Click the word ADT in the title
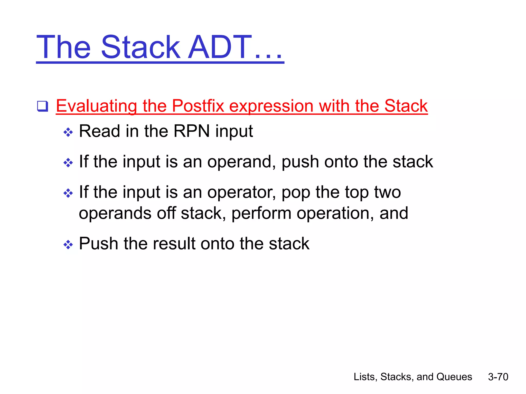[x=220, y=47]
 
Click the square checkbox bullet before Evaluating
[x=43, y=106]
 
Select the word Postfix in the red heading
[x=198, y=106]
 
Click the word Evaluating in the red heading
[x=96, y=106]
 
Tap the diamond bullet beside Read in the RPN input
[x=68, y=133]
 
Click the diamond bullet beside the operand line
[x=68, y=163]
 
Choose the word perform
[x=261, y=213]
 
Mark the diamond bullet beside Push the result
[x=68, y=244]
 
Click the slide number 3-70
[x=498, y=377]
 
